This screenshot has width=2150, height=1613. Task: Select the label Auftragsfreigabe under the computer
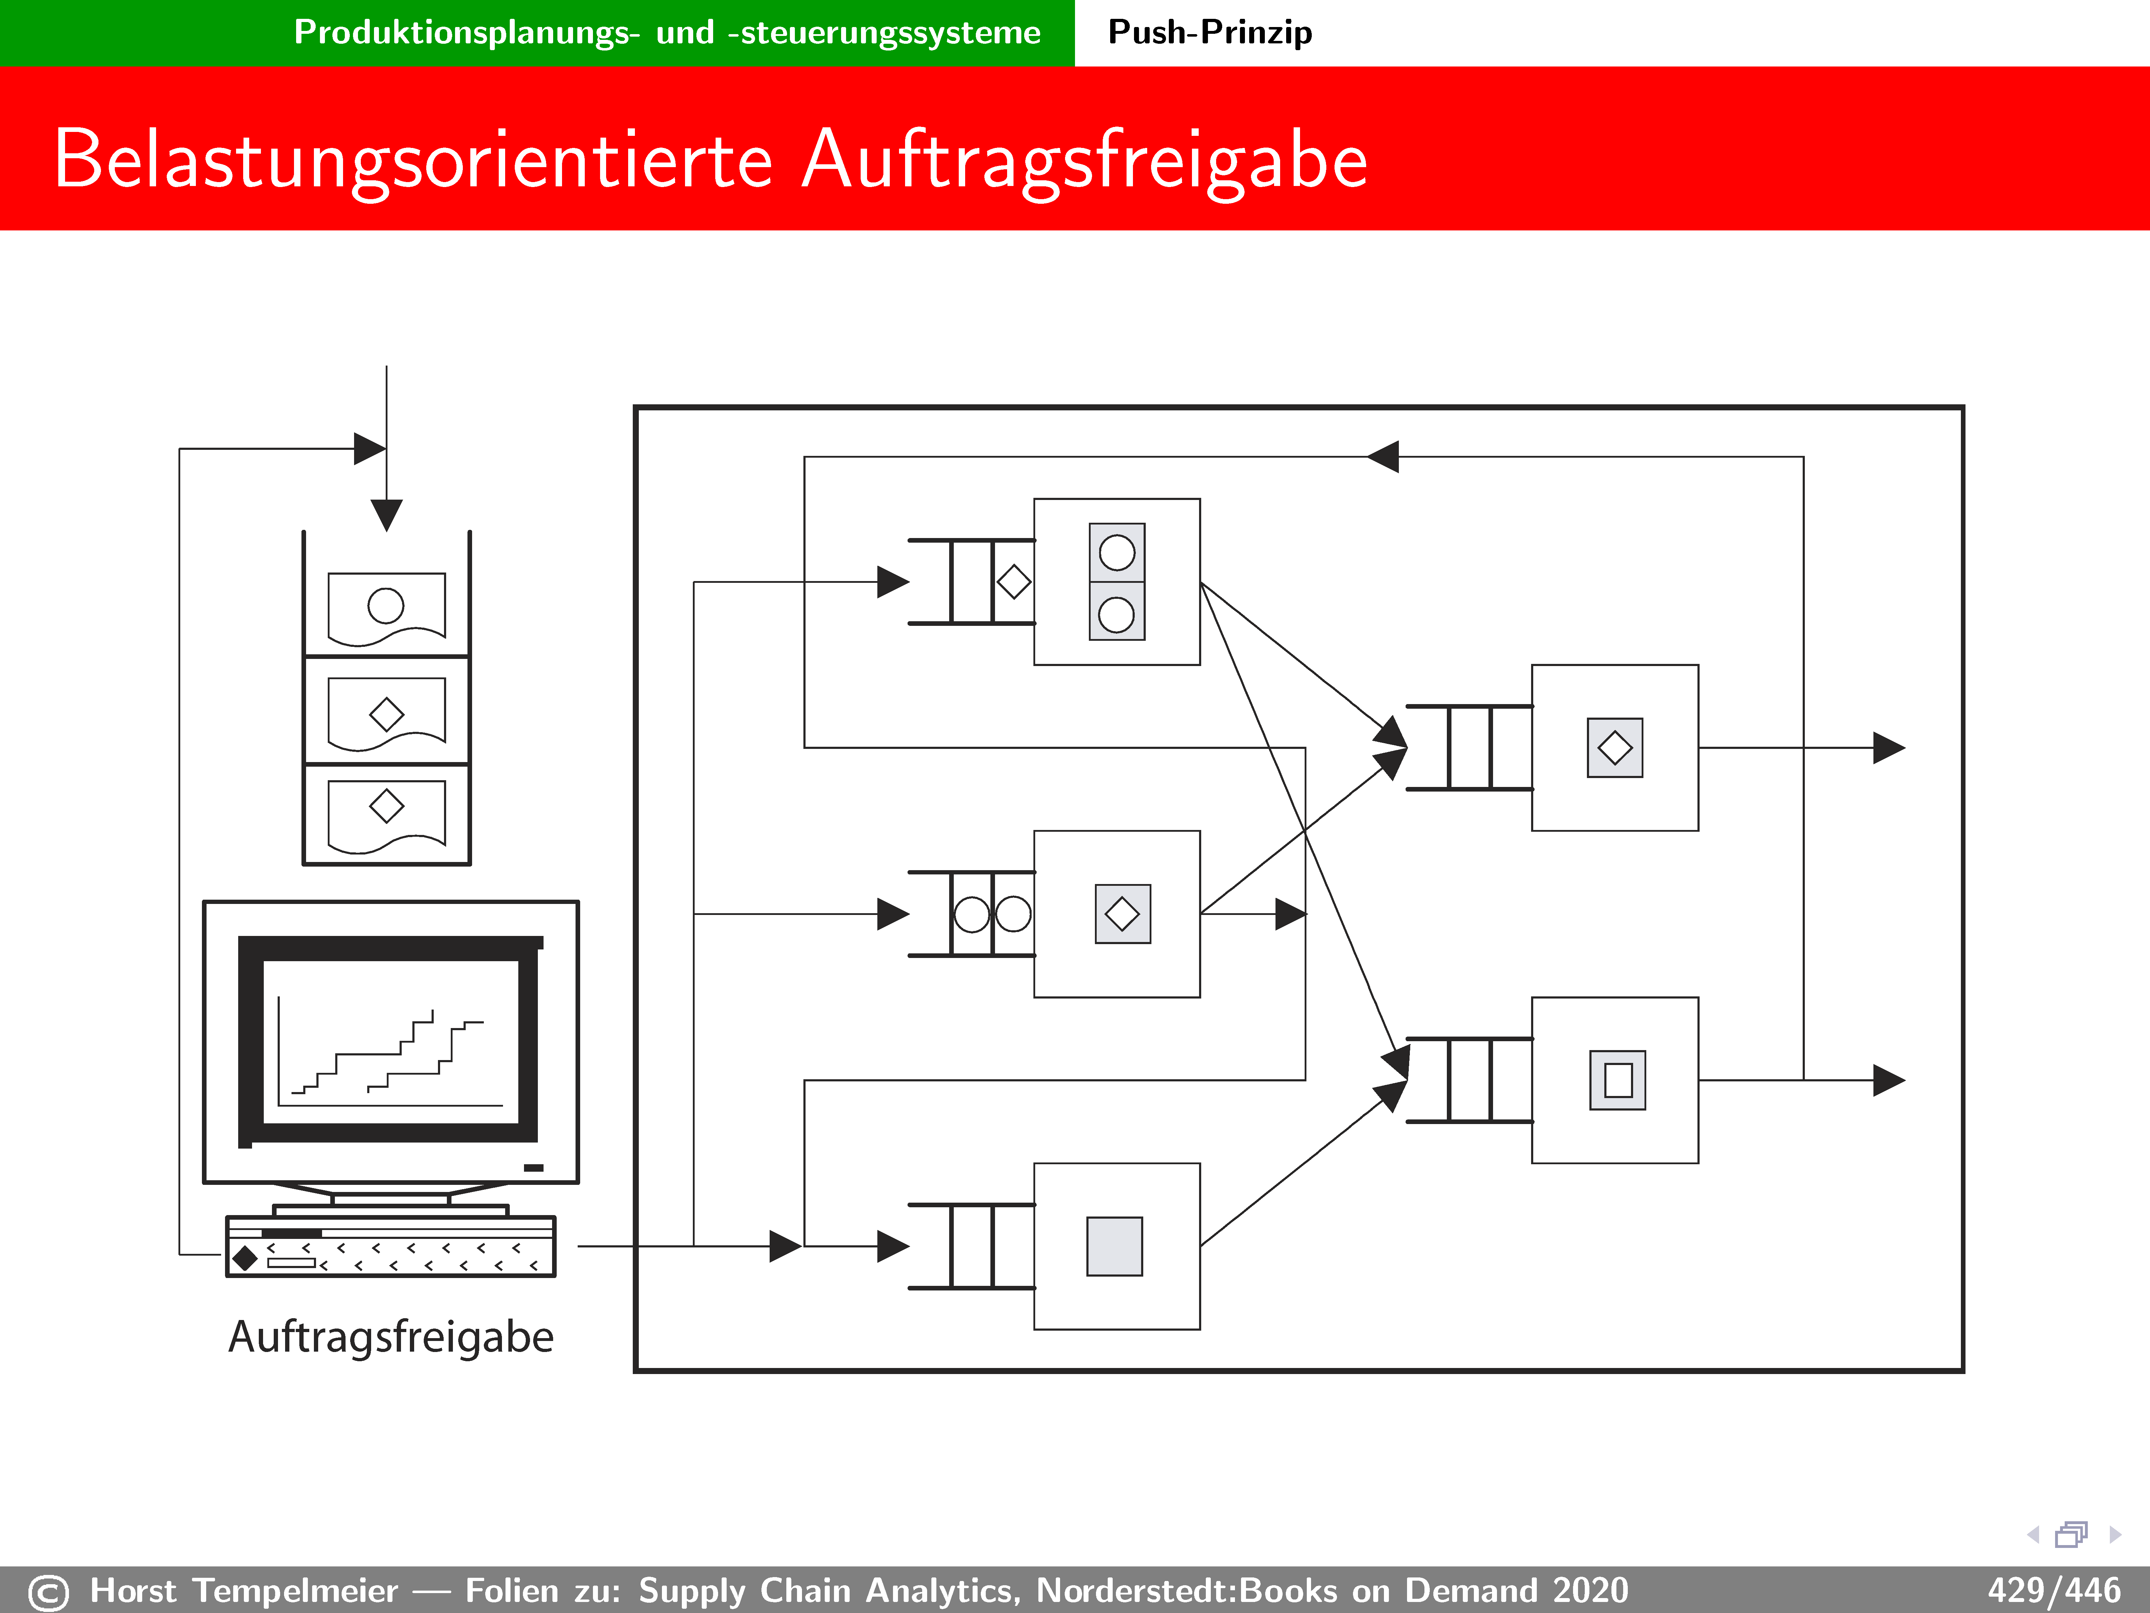[391, 1337]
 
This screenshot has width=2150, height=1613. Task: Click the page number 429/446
[2053, 1591]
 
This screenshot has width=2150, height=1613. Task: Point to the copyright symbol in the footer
[49, 1593]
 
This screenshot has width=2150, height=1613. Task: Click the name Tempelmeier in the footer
[295, 1591]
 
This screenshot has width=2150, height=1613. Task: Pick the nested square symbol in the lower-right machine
[1617, 1080]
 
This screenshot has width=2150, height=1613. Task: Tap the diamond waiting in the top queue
[1014, 582]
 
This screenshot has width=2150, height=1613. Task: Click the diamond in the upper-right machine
[1614, 748]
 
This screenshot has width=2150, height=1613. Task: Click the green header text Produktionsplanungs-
[466, 32]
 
